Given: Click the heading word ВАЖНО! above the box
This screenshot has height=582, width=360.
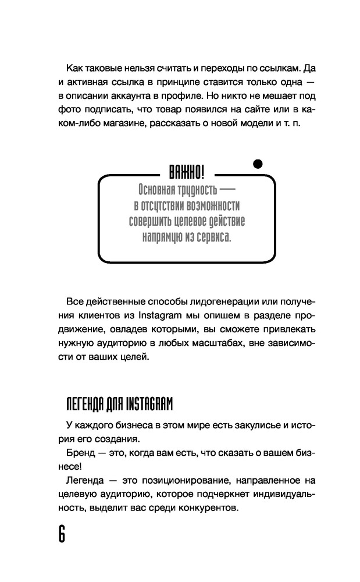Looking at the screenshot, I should (186, 172).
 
